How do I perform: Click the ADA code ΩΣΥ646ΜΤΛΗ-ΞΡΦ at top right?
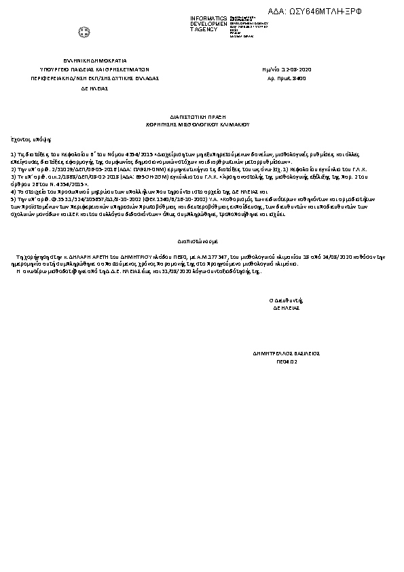334,13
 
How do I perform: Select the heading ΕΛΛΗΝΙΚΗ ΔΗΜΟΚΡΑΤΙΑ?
86,60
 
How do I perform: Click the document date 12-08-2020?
298,69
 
